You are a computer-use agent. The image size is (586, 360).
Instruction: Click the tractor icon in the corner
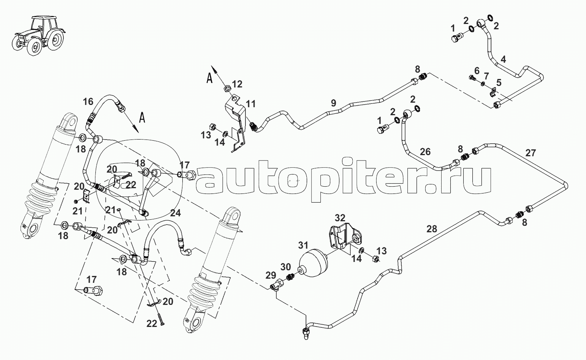pyautogui.click(x=38, y=34)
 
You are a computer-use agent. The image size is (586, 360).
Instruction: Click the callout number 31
pyautogui.click(x=303, y=246)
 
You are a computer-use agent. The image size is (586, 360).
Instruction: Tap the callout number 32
pyautogui.click(x=340, y=218)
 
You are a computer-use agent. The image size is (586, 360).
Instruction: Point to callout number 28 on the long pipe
pyautogui.click(x=432, y=229)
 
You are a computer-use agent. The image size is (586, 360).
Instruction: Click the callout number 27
pyautogui.click(x=531, y=153)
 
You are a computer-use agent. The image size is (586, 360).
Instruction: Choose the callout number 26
pyautogui.click(x=425, y=152)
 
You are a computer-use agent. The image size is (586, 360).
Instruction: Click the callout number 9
pyautogui.click(x=333, y=103)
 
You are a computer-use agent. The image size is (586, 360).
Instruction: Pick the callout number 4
pyautogui.click(x=503, y=59)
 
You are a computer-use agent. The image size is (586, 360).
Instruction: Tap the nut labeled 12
pyautogui.click(x=225, y=88)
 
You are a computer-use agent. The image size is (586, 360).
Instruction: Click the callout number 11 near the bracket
pyautogui.click(x=251, y=104)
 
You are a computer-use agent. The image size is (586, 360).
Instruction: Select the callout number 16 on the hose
pyautogui.click(x=88, y=101)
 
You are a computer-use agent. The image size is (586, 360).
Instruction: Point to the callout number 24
pyautogui.click(x=175, y=213)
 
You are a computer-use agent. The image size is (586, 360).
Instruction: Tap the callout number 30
pyautogui.click(x=285, y=267)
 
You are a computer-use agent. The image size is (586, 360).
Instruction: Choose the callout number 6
pyautogui.click(x=477, y=70)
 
